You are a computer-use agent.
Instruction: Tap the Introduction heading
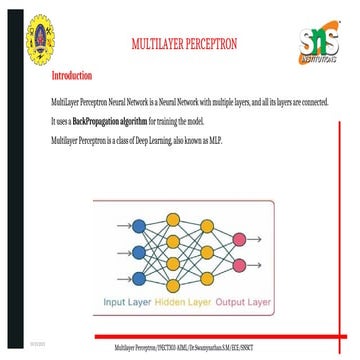point(72,75)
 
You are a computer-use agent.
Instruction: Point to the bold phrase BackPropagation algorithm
point(101,120)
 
